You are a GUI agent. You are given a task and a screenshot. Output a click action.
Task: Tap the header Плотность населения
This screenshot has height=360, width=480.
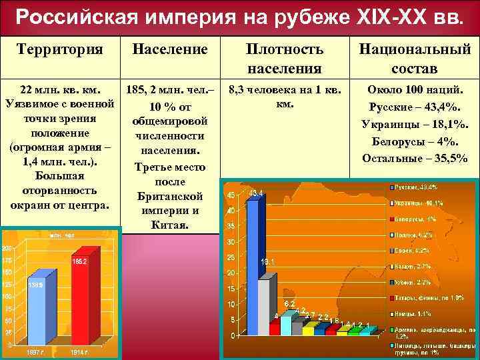tap(285, 59)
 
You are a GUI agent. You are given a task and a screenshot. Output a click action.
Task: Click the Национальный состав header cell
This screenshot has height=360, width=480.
tap(415, 59)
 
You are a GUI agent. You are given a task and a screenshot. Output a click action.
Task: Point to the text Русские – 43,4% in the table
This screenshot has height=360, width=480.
tap(415, 107)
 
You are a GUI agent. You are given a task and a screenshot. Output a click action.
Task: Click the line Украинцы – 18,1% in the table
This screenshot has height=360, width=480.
tap(415, 124)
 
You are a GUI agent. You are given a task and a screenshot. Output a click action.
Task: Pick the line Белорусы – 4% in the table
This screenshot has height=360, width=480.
tap(415, 141)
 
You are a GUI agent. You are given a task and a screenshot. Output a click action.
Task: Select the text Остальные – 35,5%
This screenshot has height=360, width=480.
tap(415, 158)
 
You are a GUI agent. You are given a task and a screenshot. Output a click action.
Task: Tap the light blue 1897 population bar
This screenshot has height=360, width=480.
tap(37, 310)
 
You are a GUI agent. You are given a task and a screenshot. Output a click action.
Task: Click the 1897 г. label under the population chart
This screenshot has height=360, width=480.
tap(37, 351)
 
